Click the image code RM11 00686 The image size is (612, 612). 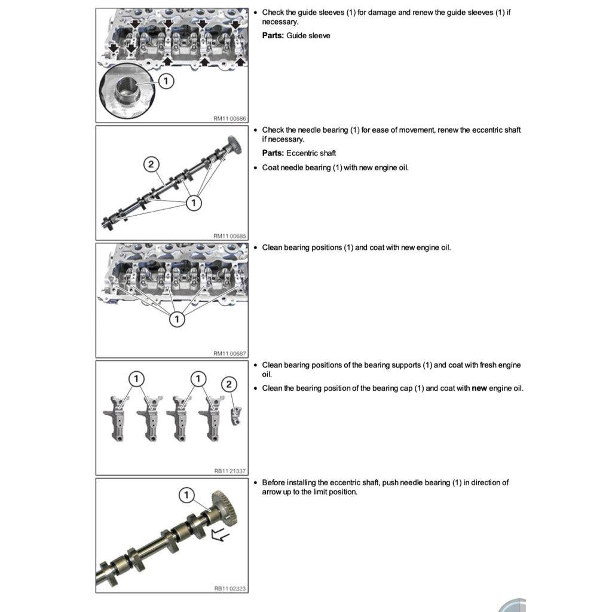coord(229,119)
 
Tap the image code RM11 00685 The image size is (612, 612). coord(229,236)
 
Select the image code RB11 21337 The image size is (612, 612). coord(229,471)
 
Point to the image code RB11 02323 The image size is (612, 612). coord(229,589)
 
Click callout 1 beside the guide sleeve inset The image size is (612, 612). coord(166,81)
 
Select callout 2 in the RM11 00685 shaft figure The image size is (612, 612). coord(151,164)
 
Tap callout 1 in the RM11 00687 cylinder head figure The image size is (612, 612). coord(176,320)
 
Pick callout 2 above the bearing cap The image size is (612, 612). coord(229,384)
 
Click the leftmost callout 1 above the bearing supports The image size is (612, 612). coord(136,378)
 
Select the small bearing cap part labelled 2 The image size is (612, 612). coord(237,414)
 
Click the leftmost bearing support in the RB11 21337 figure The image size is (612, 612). coord(117,418)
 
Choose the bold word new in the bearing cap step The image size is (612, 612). coord(479,388)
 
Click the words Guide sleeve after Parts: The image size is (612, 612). coord(308,36)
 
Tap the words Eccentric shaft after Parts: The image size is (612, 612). coord(311,153)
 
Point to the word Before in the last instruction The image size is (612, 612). coord(274,482)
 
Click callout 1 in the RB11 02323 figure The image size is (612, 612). coord(186,495)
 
